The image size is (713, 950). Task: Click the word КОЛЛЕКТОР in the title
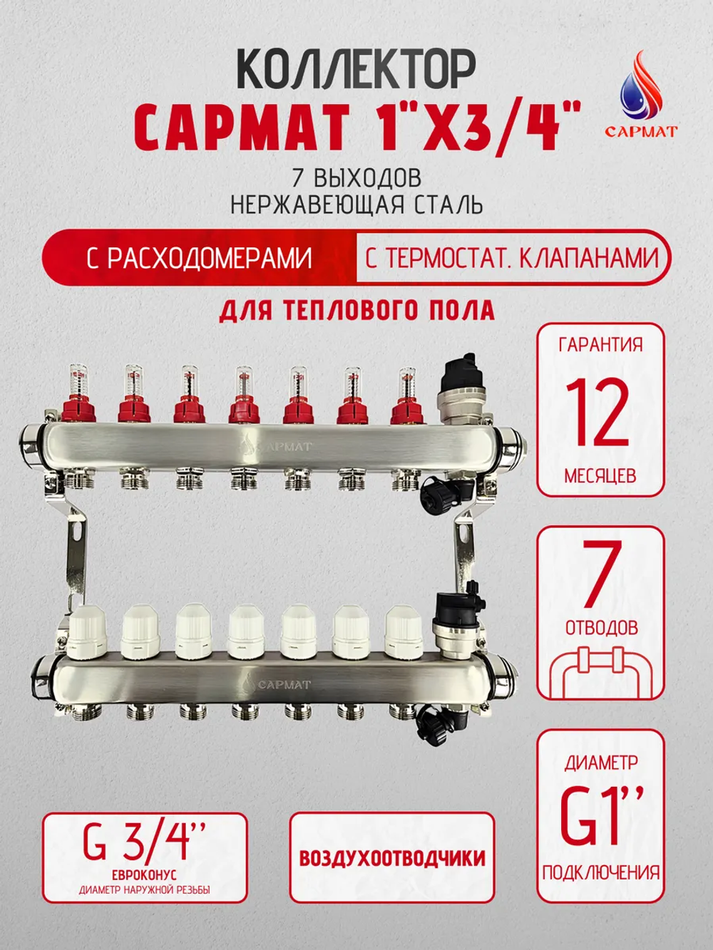click(355, 70)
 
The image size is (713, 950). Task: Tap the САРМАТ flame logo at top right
click(640, 93)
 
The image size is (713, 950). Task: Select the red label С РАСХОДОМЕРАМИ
click(199, 258)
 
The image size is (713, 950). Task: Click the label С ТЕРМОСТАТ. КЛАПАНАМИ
click(511, 258)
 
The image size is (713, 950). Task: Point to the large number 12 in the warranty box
click(599, 412)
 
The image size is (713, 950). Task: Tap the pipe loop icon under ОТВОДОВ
click(600, 670)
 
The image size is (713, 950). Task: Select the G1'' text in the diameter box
click(600, 815)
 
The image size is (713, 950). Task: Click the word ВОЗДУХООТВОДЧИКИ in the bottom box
click(391, 857)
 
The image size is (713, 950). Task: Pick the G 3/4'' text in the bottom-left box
click(144, 840)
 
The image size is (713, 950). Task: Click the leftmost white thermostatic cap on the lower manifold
click(87, 632)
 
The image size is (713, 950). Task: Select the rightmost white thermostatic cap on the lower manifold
click(404, 632)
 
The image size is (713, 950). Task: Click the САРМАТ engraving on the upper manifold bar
click(278, 446)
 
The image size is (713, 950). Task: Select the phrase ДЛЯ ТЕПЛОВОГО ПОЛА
click(356, 311)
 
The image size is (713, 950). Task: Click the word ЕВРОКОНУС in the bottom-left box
click(144, 874)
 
